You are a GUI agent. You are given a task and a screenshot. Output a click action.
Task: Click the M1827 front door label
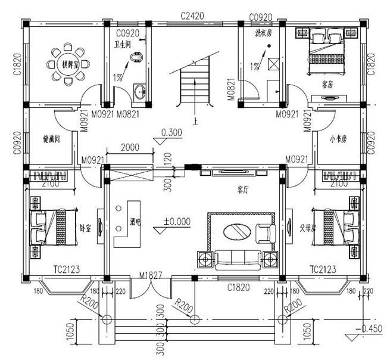coord(152,275)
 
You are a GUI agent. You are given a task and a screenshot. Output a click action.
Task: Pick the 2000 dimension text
coord(130,147)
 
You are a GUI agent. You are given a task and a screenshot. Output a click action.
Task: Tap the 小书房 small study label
coord(338,139)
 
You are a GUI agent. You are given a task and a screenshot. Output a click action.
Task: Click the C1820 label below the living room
coord(238,288)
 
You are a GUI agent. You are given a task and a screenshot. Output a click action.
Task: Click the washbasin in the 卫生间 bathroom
coord(141,92)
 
